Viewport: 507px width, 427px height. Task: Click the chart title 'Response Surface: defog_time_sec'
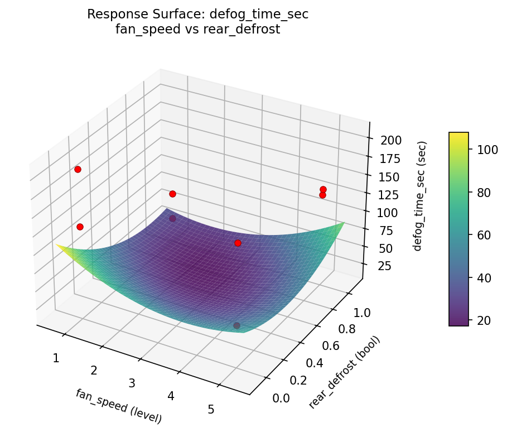click(x=197, y=15)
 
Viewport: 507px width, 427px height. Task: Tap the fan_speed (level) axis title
click(x=118, y=406)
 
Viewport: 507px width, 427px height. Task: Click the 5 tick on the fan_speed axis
click(x=211, y=410)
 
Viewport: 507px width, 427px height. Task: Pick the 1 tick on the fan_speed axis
click(x=56, y=358)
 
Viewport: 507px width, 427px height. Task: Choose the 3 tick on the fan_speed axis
click(x=132, y=383)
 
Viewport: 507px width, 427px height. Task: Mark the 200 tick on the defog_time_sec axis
click(x=391, y=140)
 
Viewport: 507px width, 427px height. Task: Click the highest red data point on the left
click(x=78, y=169)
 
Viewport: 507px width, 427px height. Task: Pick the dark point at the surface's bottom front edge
click(x=236, y=325)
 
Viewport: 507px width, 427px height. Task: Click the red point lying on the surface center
click(x=238, y=243)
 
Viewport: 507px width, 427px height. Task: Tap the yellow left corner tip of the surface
click(x=57, y=244)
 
